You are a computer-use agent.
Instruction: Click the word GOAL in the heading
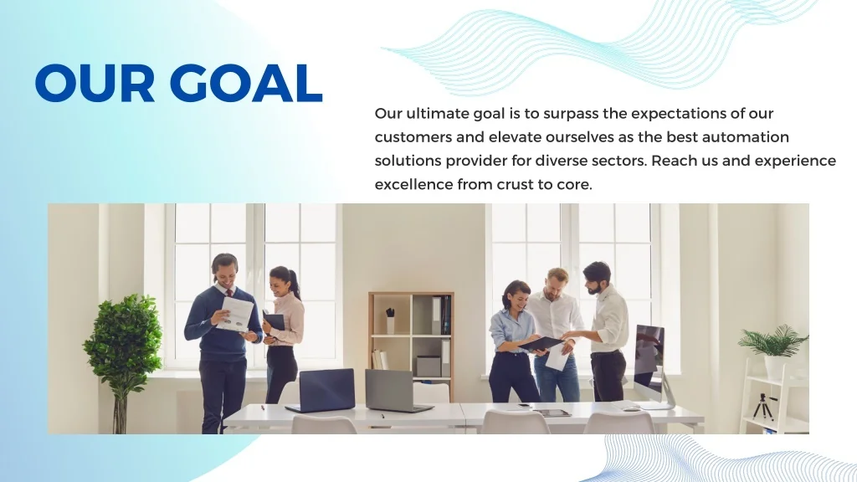coord(246,83)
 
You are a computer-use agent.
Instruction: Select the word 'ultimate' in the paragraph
coord(437,114)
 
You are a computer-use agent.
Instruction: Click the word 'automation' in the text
coord(746,137)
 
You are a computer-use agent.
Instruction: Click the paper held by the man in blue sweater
coord(235,315)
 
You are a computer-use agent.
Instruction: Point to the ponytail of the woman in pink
coord(294,283)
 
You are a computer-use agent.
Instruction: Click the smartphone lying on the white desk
coord(525,406)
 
